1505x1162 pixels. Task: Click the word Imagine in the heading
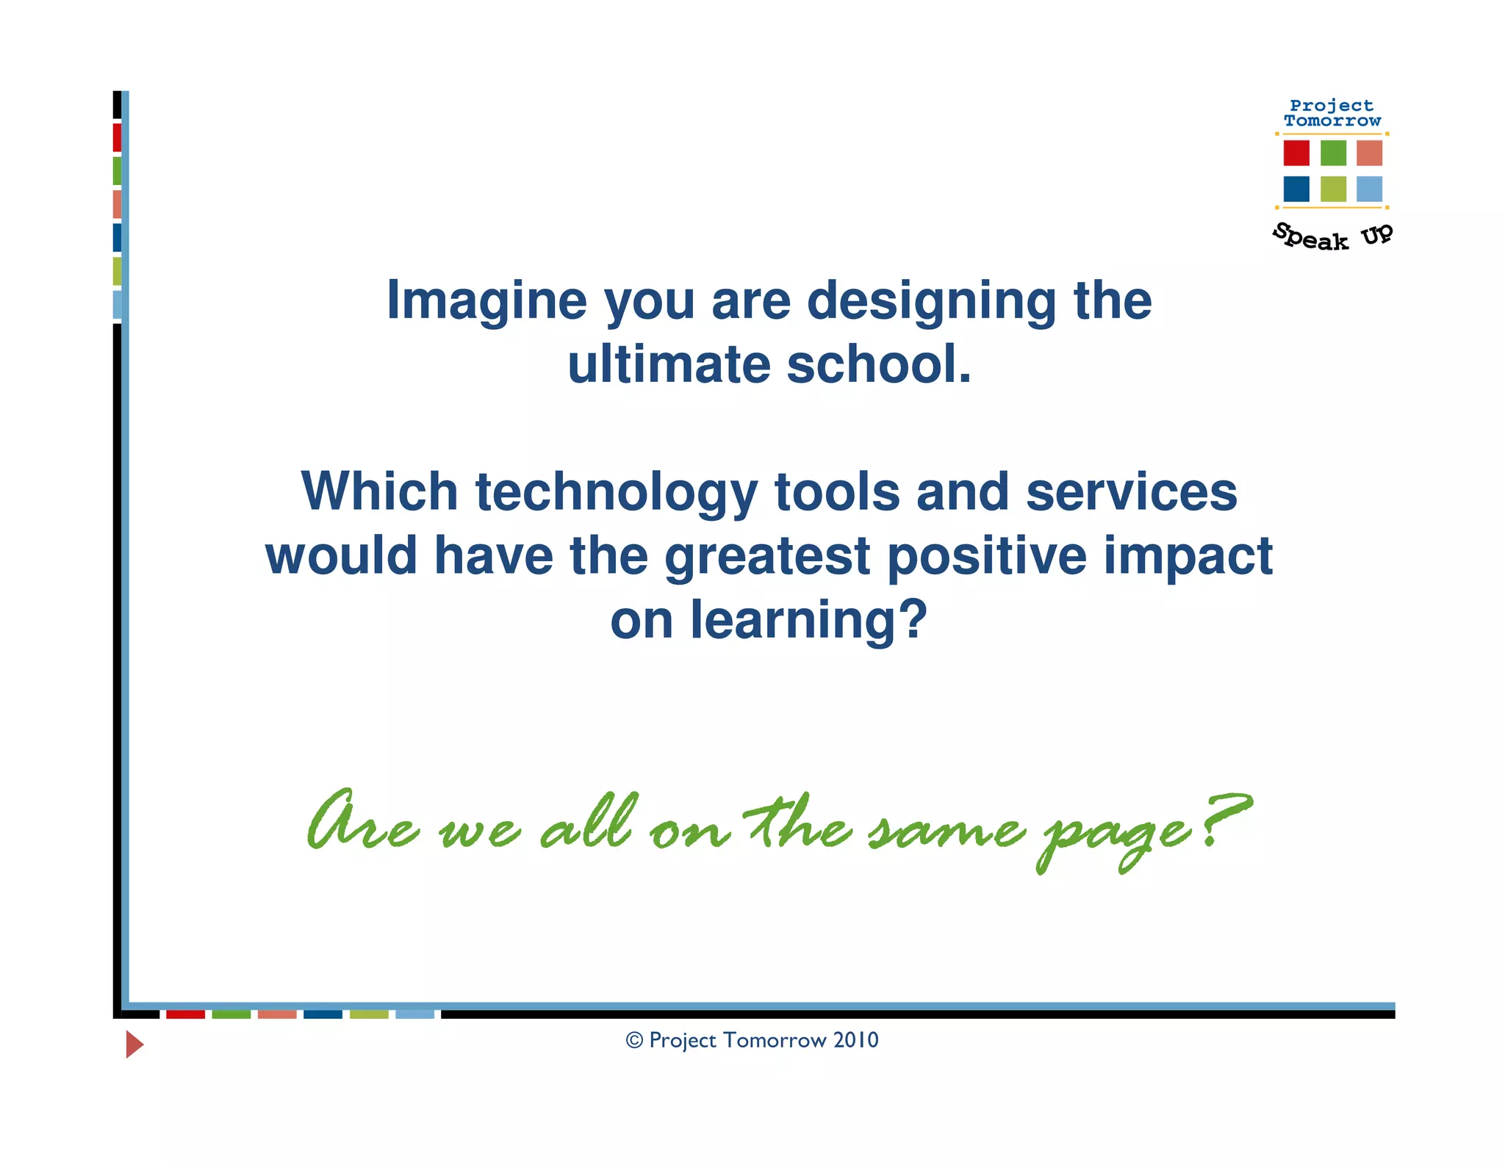pos(486,301)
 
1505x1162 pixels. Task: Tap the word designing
pos(931,301)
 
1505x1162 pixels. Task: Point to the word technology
pos(616,492)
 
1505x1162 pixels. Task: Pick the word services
pos(1131,492)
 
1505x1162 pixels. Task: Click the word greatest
pos(767,556)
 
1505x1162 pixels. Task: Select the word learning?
pos(808,620)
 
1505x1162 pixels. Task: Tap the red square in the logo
pos(1296,153)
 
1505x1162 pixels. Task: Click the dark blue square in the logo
pos(1296,189)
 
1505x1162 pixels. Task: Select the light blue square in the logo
pos(1369,189)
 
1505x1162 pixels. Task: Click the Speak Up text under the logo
pos(1332,237)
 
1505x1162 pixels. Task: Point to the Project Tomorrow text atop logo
pos(1332,113)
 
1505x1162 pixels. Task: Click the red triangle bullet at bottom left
pos(134,1044)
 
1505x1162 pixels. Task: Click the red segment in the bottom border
pos(185,1014)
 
